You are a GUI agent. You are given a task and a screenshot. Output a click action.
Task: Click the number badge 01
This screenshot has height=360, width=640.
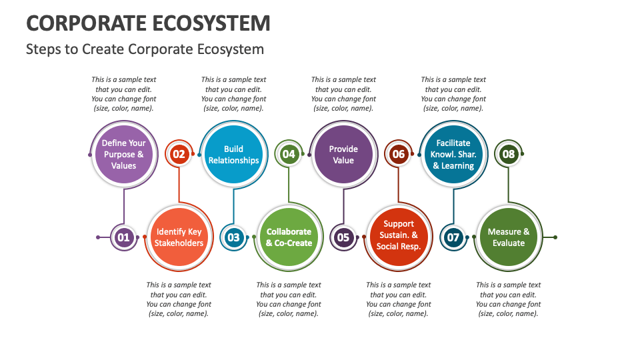point(123,237)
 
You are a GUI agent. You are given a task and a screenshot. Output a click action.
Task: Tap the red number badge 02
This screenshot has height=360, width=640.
point(179,155)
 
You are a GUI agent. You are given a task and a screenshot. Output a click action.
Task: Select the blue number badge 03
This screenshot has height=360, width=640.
point(233,237)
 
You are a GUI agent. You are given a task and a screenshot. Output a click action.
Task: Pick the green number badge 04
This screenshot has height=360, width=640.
point(289,155)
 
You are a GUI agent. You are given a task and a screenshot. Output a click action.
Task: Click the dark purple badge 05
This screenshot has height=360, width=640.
point(343,237)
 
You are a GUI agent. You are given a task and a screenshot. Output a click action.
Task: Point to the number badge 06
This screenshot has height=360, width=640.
point(399,155)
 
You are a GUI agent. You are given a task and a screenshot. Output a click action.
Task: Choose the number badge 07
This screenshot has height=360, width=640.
point(453,237)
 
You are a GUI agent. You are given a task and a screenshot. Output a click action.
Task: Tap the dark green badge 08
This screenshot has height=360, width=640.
point(509,155)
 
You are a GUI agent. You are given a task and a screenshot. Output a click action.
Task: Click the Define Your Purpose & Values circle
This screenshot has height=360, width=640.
point(124,155)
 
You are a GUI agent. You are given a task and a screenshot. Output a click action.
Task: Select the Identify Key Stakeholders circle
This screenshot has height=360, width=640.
point(179,237)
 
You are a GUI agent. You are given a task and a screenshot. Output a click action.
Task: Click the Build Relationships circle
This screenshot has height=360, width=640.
point(233,155)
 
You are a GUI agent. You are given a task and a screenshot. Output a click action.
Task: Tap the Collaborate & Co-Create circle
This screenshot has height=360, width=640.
point(289,237)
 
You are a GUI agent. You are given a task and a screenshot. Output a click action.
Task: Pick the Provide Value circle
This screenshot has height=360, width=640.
point(343,155)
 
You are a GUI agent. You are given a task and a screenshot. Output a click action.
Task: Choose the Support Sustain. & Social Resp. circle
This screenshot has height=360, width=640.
point(399,237)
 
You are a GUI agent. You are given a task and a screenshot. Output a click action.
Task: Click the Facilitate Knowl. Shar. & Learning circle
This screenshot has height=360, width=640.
point(453,155)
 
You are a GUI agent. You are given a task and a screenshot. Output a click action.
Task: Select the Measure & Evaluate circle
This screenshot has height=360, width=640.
point(509,237)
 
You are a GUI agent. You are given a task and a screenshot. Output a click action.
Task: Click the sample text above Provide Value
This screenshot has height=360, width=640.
point(343,94)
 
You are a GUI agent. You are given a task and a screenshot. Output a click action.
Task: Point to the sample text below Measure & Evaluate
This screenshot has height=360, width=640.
point(509,299)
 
